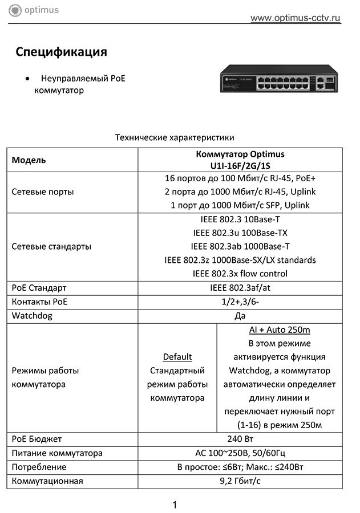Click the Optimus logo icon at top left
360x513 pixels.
pyautogui.click(x=15, y=10)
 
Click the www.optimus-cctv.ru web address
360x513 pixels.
pyautogui.click(x=296, y=18)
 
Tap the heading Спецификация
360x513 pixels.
pyautogui.click(x=62, y=52)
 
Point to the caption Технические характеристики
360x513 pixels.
pyautogui.click(x=175, y=137)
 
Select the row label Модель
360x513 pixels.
pyautogui.click(x=29, y=160)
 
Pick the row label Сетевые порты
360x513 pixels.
pyautogui.click(x=43, y=192)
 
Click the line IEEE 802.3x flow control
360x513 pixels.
pyautogui.click(x=240, y=274)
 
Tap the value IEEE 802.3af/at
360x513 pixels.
pyautogui.click(x=240, y=288)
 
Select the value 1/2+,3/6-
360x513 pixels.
pyautogui.click(x=240, y=302)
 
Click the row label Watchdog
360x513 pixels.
pyautogui.click(x=32, y=315)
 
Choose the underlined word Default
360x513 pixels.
pyautogui.click(x=177, y=357)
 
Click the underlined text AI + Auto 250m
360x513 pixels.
pyautogui.click(x=280, y=329)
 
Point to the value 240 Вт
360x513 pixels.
pyautogui.click(x=240, y=439)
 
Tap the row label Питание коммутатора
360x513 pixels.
pyautogui.click(x=57, y=453)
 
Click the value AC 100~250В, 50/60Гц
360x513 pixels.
pyautogui.click(x=240, y=453)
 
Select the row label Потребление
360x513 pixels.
pyautogui.click(x=39, y=467)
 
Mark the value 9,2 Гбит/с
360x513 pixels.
pyautogui.click(x=240, y=481)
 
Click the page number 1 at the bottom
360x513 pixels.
pyautogui.click(x=175, y=504)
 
